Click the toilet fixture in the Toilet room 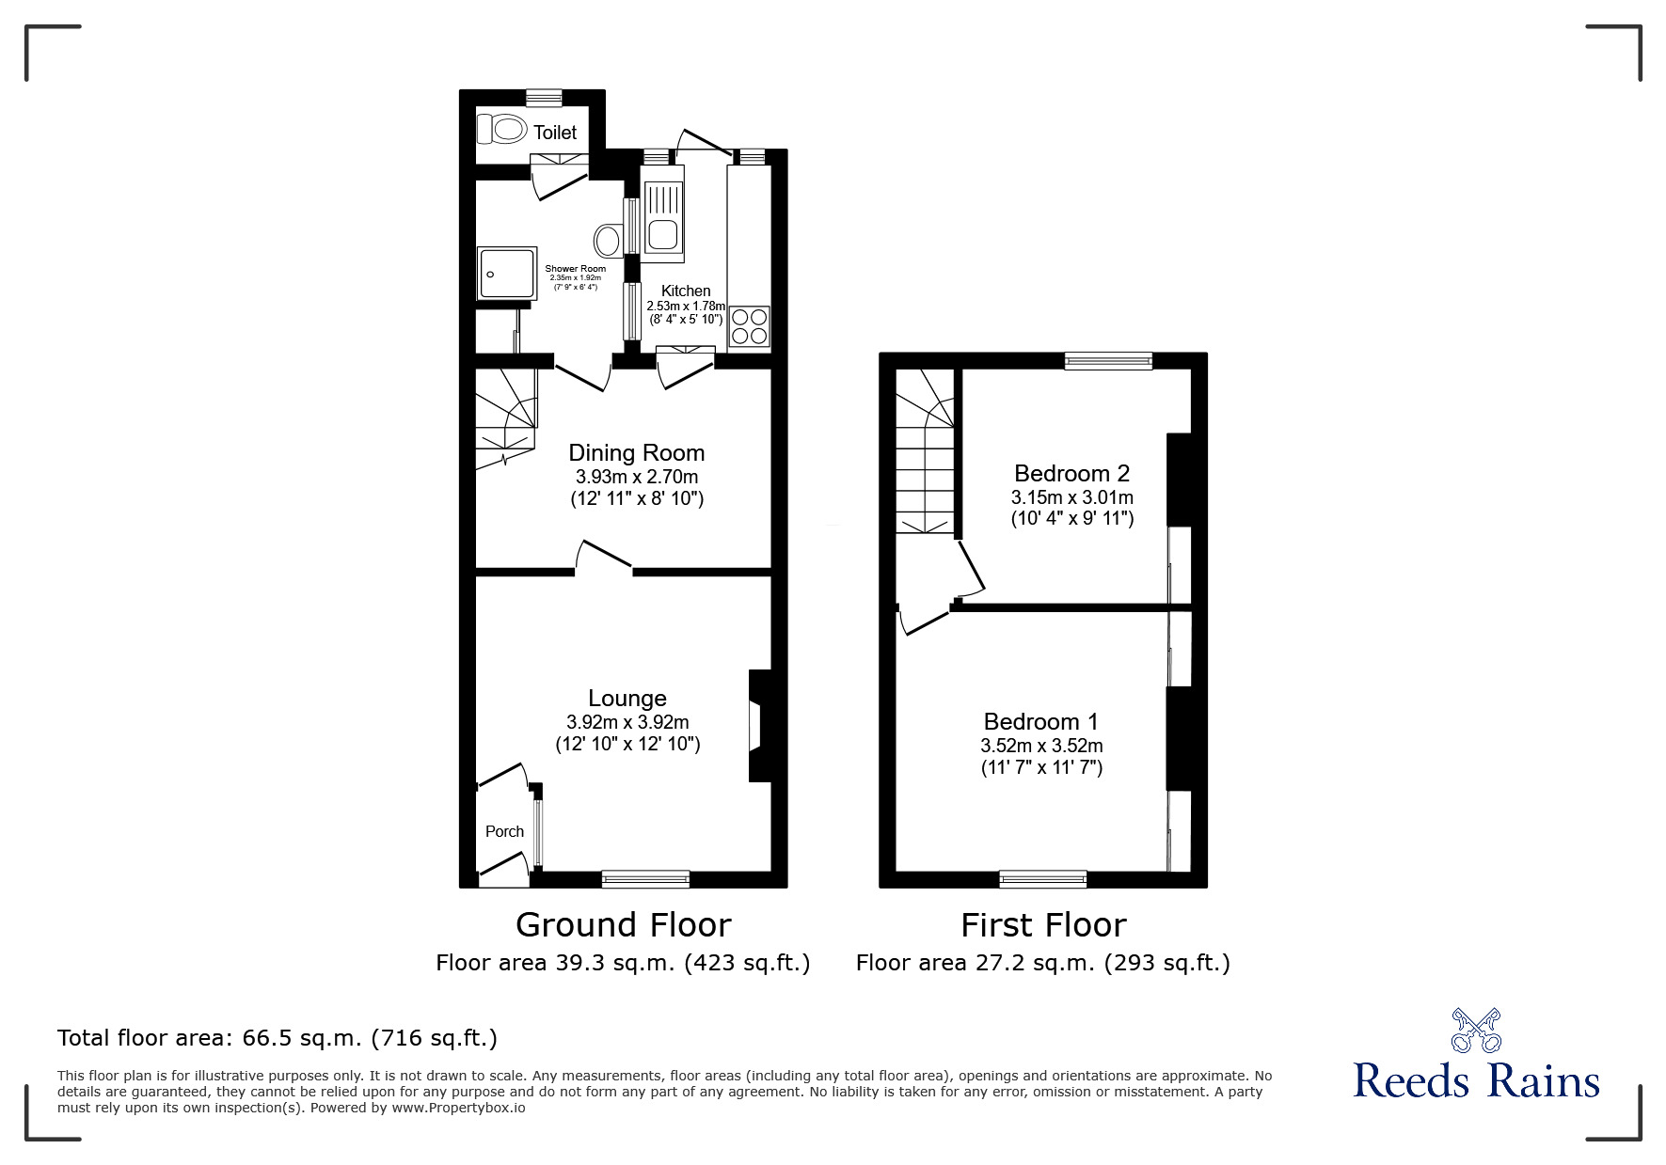[x=501, y=128]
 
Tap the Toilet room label [x=555, y=133]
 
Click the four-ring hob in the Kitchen [x=749, y=326]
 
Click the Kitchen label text [x=686, y=291]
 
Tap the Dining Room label [x=636, y=453]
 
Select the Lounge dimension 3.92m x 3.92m [x=627, y=722]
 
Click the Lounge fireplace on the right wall [x=757, y=725]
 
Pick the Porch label [x=504, y=831]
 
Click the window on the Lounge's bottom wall [x=645, y=879]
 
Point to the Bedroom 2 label [x=1071, y=473]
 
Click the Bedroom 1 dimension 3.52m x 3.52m [x=1041, y=746]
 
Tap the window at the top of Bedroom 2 [x=1108, y=361]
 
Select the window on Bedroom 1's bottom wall [x=1042, y=879]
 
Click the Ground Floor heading [x=623, y=925]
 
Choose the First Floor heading [x=1042, y=925]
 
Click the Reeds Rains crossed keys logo [x=1476, y=1031]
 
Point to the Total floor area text [x=278, y=1038]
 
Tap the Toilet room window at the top [x=544, y=97]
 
